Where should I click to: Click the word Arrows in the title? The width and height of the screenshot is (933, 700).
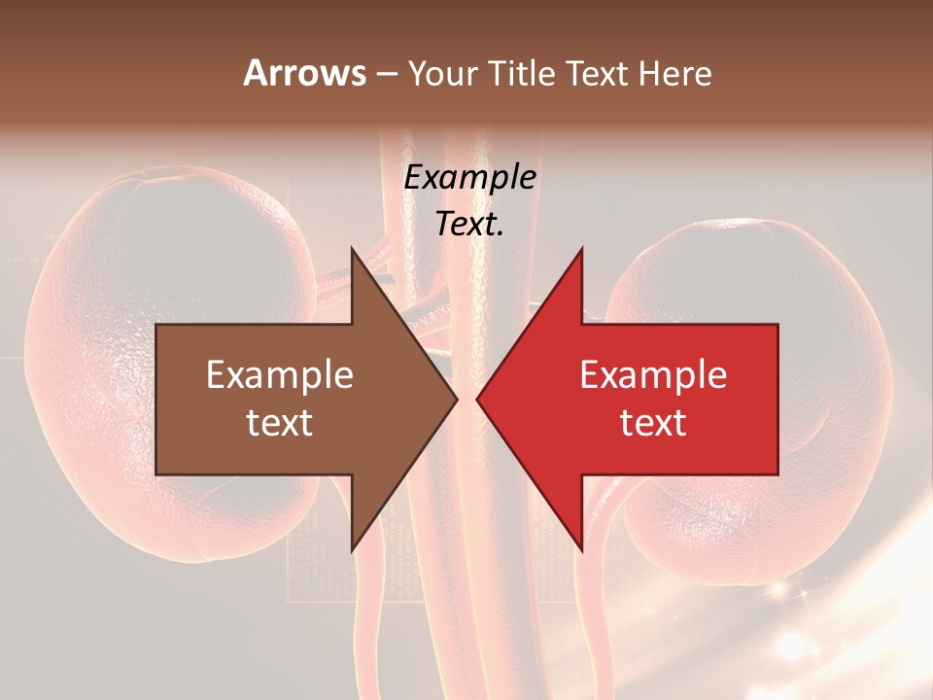(x=305, y=73)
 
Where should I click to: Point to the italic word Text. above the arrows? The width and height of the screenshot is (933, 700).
(x=469, y=225)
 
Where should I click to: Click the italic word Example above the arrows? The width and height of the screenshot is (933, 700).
(x=469, y=178)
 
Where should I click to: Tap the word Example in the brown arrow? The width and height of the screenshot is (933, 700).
(x=280, y=375)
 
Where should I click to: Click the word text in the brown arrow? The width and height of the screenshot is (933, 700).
(x=280, y=423)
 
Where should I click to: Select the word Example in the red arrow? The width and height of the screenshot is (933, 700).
(x=653, y=375)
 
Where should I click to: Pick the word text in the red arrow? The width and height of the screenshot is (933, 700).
(x=653, y=423)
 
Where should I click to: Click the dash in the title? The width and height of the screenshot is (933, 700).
(x=386, y=74)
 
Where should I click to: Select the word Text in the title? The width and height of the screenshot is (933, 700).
(x=594, y=74)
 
